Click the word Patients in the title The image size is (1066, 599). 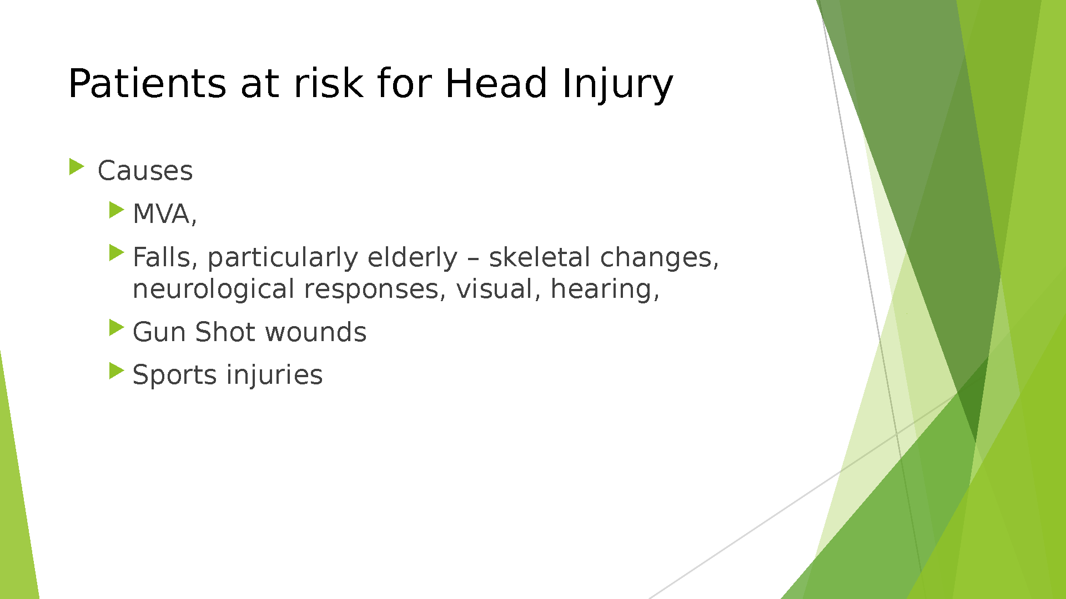(x=147, y=83)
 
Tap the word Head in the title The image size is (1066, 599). (x=496, y=83)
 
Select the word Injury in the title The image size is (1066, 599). (x=617, y=86)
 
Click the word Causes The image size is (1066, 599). (x=145, y=171)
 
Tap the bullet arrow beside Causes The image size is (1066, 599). (x=77, y=166)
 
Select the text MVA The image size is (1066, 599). (x=162, y=214)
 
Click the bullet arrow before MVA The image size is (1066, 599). (x=117, y=210)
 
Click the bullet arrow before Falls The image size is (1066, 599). (x=117, y=253)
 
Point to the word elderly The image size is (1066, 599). (x=413, y=259)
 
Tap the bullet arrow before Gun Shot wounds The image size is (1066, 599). (x=117, y=327)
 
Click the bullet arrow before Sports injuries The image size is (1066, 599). (x=117, y=370)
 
